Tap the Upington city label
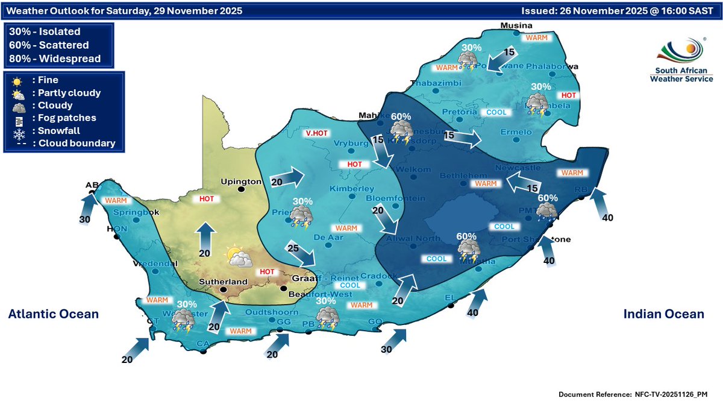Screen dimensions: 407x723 (x=241, y=181)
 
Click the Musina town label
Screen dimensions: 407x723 (x=517, y=25)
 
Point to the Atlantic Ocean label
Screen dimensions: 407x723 (x=53, y=314)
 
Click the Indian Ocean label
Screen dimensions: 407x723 (x=663, y=314)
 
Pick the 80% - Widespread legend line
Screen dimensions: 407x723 (x=55, y=58)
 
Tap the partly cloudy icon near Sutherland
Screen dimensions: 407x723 (x=239, y=257)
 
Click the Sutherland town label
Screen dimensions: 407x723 (x=223, y=282)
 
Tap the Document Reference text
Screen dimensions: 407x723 (x=633, y=394)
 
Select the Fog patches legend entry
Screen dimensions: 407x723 (x=60, y=118)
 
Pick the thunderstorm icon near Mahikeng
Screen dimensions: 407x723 (x=401, y=131)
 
